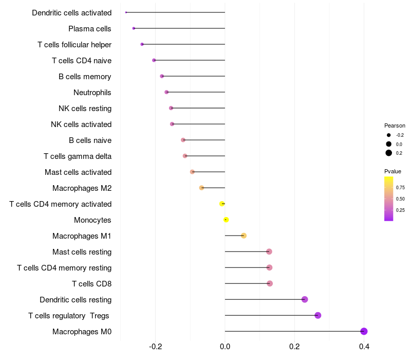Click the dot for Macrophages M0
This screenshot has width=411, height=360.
tap(364, 331)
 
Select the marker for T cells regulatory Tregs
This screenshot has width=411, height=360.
tap(317, 315)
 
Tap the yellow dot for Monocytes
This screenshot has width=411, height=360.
tap(226, 220)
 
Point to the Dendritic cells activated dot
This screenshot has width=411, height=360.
tap(126, 12)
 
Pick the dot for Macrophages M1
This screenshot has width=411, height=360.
tap(244, 236)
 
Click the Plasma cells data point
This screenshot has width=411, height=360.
tap(134, 28)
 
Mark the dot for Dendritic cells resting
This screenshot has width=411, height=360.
tap(305, 299)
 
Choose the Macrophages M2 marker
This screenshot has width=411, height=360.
tap(201, 188)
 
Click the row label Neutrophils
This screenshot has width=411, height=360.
tap(92, 93)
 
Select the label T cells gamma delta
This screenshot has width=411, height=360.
tap(78, 156)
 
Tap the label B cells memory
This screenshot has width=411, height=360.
tap(85, 77)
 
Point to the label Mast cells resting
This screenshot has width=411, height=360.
tap(82, 252)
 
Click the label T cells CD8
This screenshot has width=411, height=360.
tap(91, 284)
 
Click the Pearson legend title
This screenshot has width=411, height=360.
tap(395, 125)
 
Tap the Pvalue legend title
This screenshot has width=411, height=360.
tap(393, 171)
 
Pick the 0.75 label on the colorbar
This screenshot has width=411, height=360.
tap(400, 187)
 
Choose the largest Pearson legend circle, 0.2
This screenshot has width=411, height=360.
tap(389, 153)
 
